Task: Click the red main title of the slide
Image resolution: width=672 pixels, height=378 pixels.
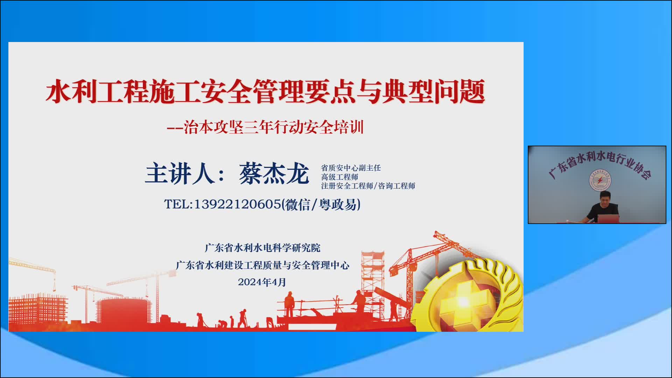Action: pyautogui.click(x=265, y=92)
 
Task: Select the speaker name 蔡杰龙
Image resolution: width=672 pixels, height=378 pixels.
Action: pyautogui.click(x=274, y=173)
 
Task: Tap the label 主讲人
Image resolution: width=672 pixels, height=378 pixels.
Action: pyautogui.click(x=180, y=173)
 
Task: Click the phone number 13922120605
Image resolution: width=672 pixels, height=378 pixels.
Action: pyautogui.click(x=237, y=204)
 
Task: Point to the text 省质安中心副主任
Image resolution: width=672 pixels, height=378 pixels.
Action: pyautogui.click(x=351, y=168)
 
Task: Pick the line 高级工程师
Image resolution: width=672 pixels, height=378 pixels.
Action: pyautogui.click(x=339, y=177)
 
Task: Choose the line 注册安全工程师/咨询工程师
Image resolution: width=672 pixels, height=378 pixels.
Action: pyautogui.click(x=368, y=186)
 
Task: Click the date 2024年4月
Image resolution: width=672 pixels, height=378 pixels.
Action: pyautogui.click(x=262, y=282)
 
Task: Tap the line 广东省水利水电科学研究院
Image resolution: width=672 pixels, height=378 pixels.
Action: pyautogui.click(x=262, y=248)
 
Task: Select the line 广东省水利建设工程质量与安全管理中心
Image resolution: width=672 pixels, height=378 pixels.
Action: pyautogui.click(x=262, y=265)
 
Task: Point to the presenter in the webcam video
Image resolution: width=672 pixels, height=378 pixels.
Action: pyautogui.click(x=603, y=208)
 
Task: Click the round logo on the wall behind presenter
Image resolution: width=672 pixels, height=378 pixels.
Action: pyautogui.click(x=600, y=181)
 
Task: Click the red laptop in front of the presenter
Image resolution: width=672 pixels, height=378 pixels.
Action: pyautogui.click(x=608, y=219)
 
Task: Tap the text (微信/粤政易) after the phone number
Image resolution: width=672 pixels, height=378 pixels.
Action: pyautogui.click(x=321, y=204)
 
